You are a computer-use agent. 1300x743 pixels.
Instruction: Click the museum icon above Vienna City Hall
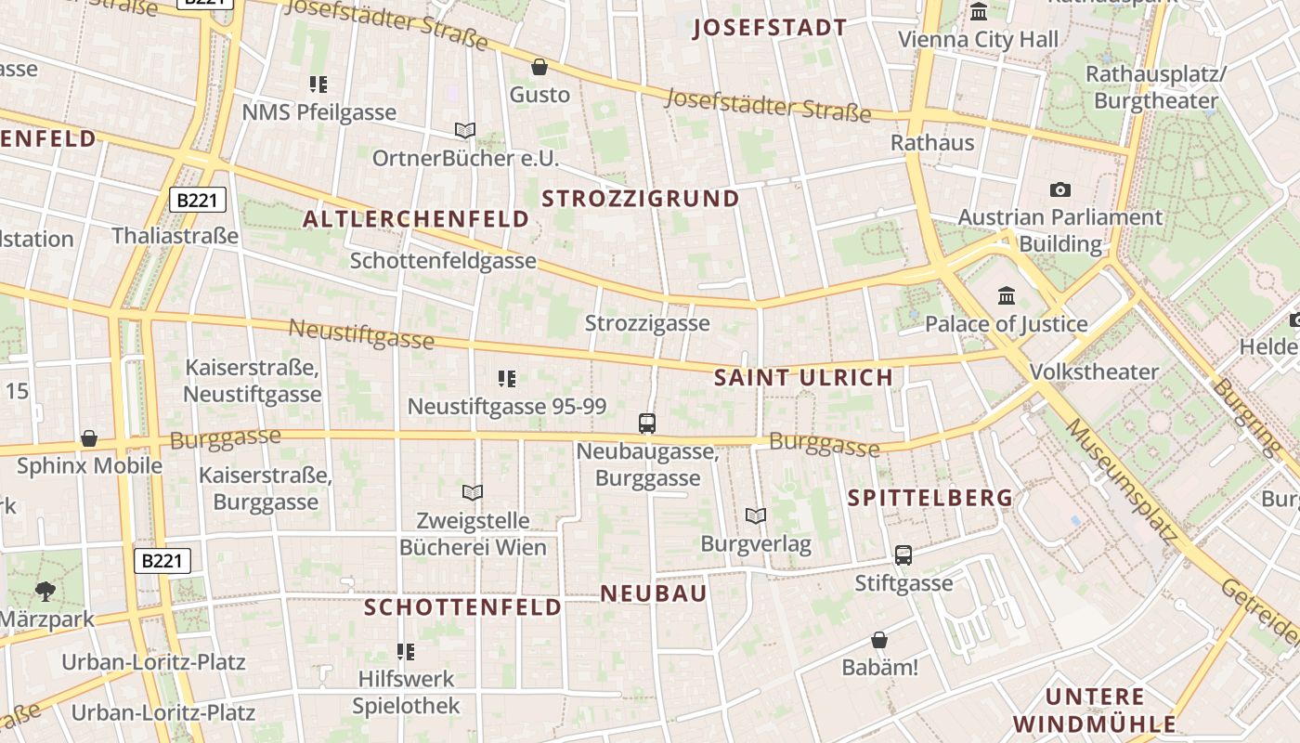pyautogui.click(x=979, y=12)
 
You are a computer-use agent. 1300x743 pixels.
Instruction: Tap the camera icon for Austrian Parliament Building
pyautogui.click(x=1059, y=190)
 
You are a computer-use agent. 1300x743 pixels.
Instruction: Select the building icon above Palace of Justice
pyautogui.click(x=1006, y=296)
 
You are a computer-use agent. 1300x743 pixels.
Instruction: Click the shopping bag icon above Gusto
pyautogui.click(x=539, y=67)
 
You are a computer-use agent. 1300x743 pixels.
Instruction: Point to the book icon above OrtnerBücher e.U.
pyautogui.click(x=465, y=131)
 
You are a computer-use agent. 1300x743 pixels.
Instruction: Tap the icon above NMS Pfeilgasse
pyautogui.click(x=318, y=85)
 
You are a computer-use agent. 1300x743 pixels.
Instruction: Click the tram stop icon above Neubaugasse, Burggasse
pyautogui.click(x=647, y=424)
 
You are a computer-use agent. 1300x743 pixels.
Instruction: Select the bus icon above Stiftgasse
pyautogui.click(x=903, y=555)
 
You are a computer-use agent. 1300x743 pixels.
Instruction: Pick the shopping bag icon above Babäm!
pyautogui.click(x=878, y=640)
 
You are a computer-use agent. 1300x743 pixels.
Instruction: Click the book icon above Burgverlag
pyautogui.click(x=756, y=515)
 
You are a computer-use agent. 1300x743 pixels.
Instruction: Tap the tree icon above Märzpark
pyautogui.click(x=45, y=591)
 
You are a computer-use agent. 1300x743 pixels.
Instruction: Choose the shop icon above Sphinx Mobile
pyautogui.click(x=89, y=438)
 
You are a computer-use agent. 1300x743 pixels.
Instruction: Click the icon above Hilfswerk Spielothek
pyautogui.click(x=406, y=651)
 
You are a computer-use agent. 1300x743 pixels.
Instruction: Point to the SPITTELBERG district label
pyautogui.click(x=929, y=498)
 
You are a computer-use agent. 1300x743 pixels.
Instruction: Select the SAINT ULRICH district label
pyautogui.click(x=803, y=378)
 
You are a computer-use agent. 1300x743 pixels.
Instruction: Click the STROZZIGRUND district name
pyautogui.click(x=640, y=199)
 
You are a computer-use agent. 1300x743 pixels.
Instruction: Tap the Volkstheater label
pyautogui.click(x=1094, y=372)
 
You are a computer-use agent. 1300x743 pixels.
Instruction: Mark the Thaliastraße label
pyautogui.click(x=175, y=236)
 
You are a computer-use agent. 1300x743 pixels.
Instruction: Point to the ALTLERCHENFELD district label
pyautogui.click(x=416, y=219)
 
